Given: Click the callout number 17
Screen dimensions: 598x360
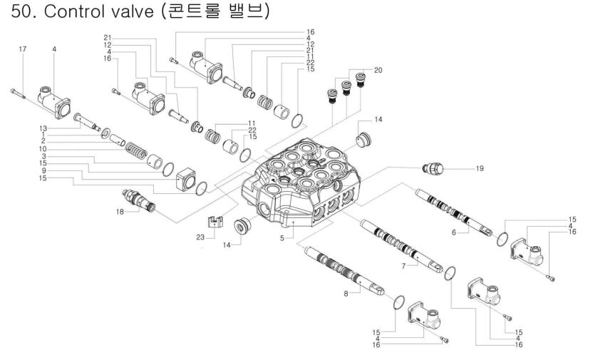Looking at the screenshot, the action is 23,49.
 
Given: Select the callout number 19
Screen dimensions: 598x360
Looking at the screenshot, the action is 480,168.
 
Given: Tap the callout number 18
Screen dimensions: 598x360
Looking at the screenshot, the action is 120,212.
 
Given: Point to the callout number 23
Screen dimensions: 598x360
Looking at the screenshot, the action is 200,237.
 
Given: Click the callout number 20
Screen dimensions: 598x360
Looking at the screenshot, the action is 378,70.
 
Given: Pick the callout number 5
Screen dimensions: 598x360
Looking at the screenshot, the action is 282,238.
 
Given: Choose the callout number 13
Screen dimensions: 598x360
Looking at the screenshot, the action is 43,128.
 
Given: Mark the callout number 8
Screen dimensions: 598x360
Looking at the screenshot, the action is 346,294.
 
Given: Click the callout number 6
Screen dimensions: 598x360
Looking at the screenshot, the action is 454,232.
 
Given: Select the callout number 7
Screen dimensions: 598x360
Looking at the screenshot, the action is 403,266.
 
